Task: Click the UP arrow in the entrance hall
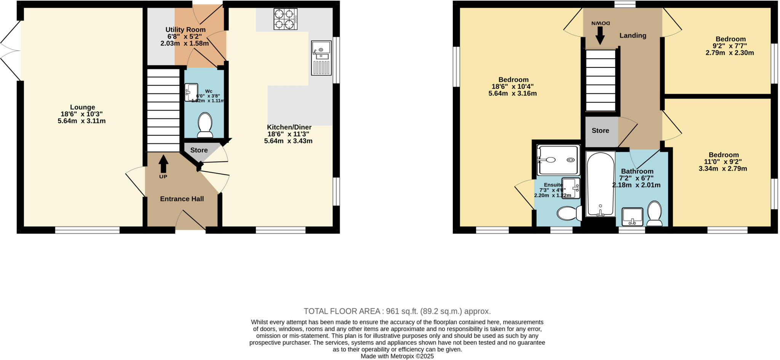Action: (163, 164)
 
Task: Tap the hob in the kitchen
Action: (285, 19)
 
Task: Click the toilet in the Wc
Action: (205, 124)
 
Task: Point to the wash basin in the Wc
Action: (191, 92)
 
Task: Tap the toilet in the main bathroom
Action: (655, 214)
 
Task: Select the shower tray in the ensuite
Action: (558, 160)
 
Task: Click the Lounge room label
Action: (82, 107)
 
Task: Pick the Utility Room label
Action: (185, 30)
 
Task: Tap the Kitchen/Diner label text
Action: (289, 127)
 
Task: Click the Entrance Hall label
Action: (182, 199)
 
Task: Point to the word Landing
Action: (633, 35)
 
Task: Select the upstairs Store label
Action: (600, 131)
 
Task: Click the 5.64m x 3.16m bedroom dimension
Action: (513, 93)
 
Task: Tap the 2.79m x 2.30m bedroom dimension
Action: (730, 53)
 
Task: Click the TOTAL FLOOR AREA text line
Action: (397, 311)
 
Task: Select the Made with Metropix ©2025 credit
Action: (397, 357)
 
